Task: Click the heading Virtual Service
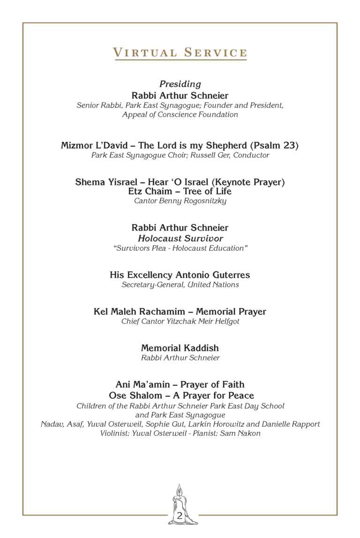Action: pos(180,52)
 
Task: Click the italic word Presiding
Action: pos(180,84)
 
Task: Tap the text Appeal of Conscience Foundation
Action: pos(180,114)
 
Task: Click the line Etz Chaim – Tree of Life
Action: pos(180,191)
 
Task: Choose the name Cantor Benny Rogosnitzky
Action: pos(180,201)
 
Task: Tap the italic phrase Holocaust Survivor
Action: pos(180,239)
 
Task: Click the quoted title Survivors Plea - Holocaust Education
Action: pos(180,248)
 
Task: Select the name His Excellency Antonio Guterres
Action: pos(180,275)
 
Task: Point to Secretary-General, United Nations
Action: pos(180,284)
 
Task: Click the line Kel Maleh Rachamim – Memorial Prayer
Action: pos(180,312)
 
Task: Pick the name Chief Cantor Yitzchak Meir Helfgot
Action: pos(180,321)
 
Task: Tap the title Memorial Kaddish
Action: pos(180,348)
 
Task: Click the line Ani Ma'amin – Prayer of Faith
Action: pos(180,384)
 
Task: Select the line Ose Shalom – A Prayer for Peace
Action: pos(180,396)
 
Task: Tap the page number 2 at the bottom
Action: pos(180,516)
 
